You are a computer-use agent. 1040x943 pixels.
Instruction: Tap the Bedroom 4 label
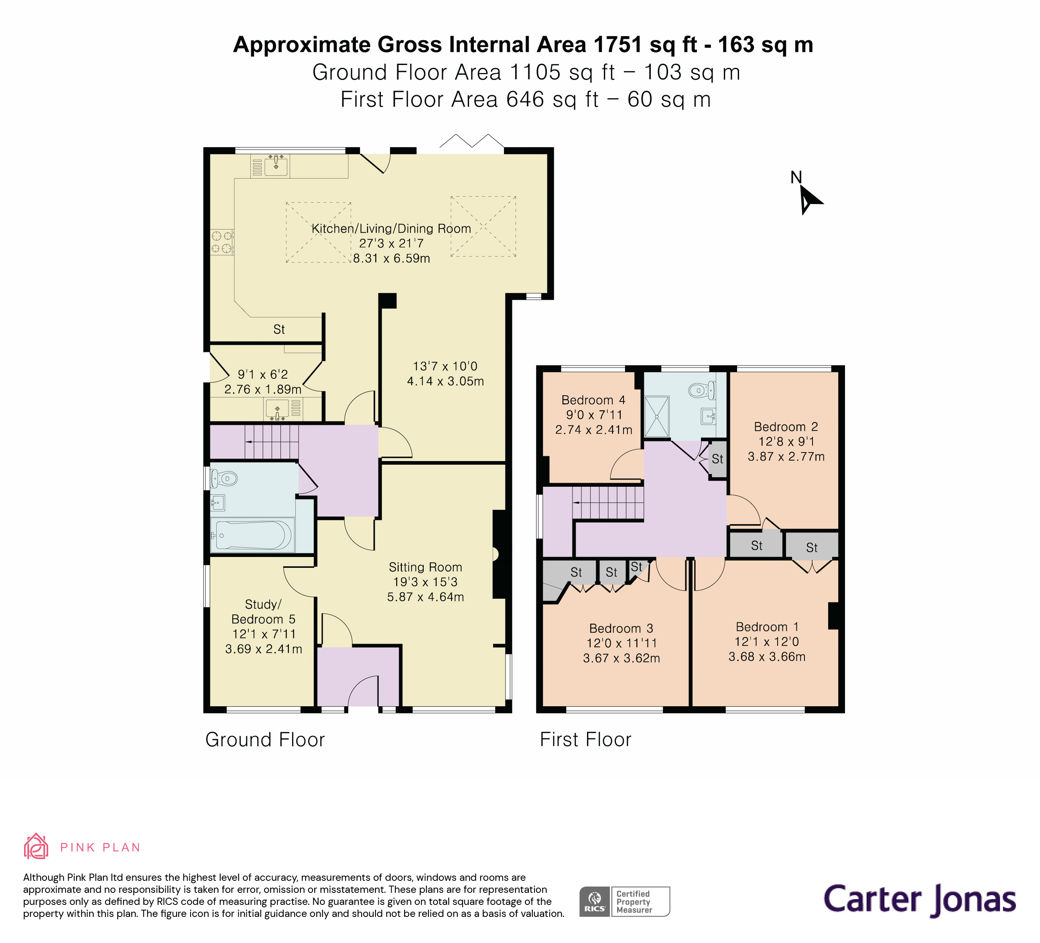pyautogui.click(x=593, y=400)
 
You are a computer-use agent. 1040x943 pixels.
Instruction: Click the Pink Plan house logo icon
pyautogui.click(x=36, y=847)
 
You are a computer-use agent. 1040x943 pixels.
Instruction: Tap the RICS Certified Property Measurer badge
pyautogui.click(x=624, y=901)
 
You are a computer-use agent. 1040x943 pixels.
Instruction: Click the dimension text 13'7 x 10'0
pyautogui.click(x=445, y=366)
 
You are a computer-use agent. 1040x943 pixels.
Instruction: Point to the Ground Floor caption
pyautogui.click(x=265, y=740)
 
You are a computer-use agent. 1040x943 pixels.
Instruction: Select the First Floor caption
pyautogui.click(x=585, y=740)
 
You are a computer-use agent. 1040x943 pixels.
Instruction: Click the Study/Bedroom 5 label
pyautogui.click(x=263, y=612)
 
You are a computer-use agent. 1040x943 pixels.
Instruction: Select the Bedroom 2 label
pyautogui.click(x=786, y=427)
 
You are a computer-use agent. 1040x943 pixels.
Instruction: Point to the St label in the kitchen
pyautogui.click(x=279, y=329)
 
